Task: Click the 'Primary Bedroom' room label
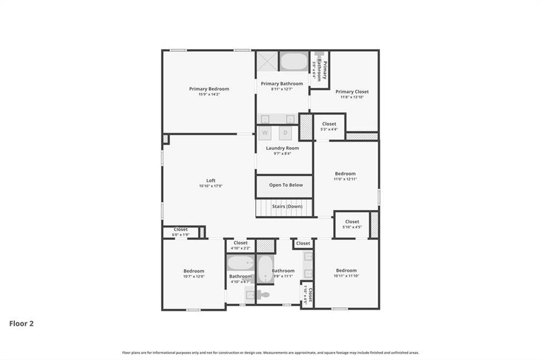(209, 89)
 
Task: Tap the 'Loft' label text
(211, 180)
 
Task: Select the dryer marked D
(286, 133)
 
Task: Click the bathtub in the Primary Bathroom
(294, 62)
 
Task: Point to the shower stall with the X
(267, 62)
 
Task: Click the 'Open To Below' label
(286, 185)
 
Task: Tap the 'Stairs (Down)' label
(286, 206)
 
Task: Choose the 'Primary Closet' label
(352, 92)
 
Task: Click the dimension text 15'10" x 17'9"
(211, 186)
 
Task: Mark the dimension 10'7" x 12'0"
(193, 277)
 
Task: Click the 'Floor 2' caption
(21, 323)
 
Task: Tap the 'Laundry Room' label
(282, 148)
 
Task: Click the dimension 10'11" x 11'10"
(346, 276)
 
